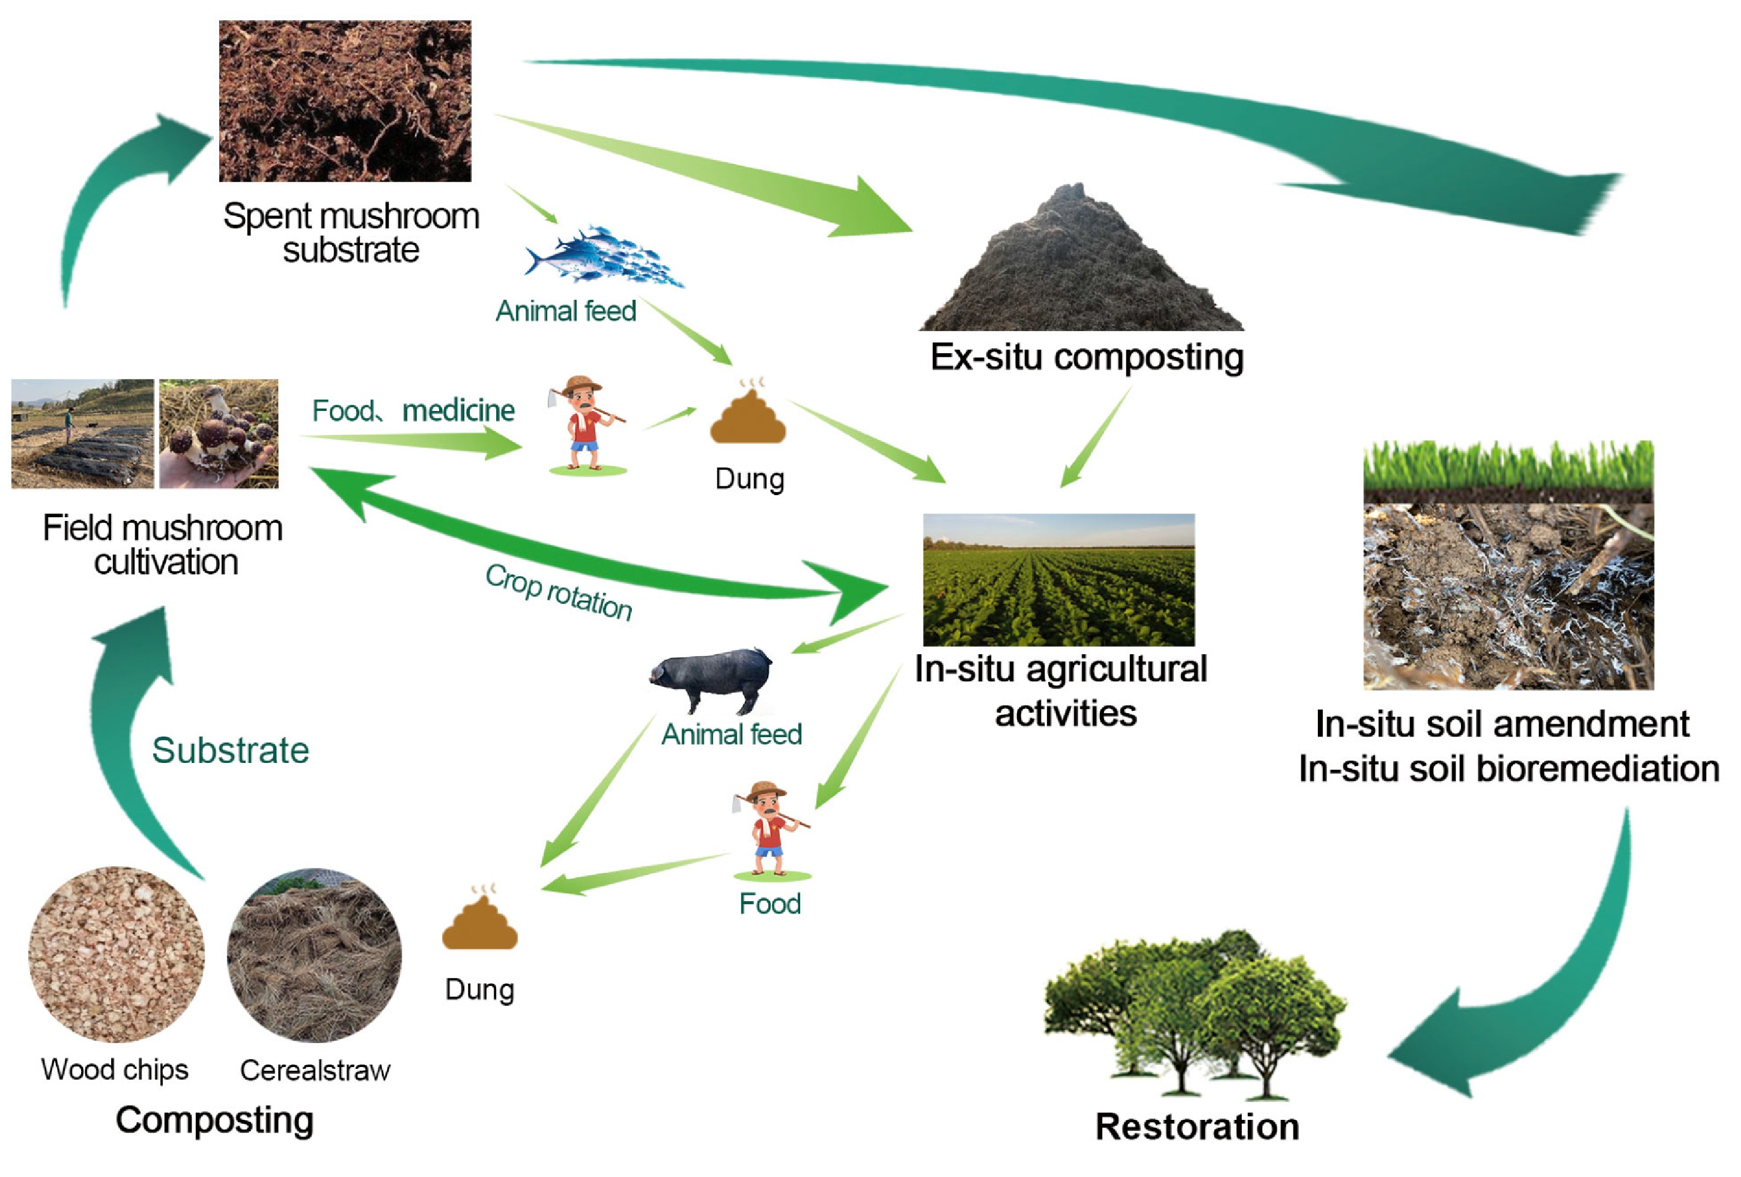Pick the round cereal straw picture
click(314, 955)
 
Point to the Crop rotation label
click(559, 592)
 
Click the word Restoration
click(1196, 1126)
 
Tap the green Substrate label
click(230, 750)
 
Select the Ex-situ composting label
click(1086, 357)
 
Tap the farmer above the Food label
click(771, 828)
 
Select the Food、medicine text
click(413, 410)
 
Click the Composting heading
click(214, 1120)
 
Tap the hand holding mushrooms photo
click(219, 434)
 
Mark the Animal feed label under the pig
click(731, 734)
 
